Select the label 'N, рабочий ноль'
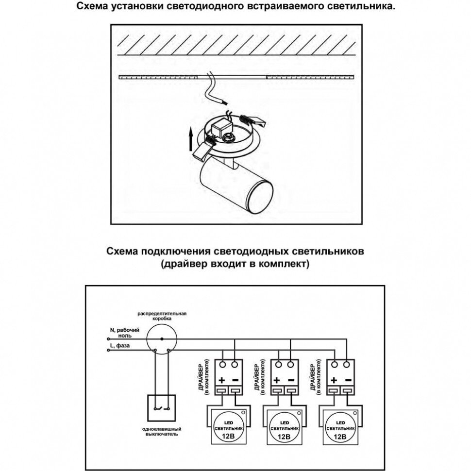pos(126,332)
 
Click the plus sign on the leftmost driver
pos(221,380)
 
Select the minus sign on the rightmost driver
pos(348,380)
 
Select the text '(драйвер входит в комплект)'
pos(235,265)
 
